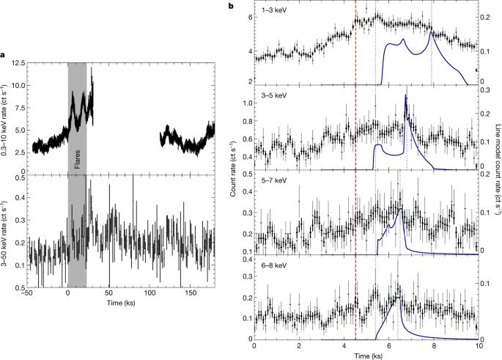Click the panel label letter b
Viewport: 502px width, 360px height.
point(232,6)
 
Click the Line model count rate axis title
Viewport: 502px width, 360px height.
point(497,175)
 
